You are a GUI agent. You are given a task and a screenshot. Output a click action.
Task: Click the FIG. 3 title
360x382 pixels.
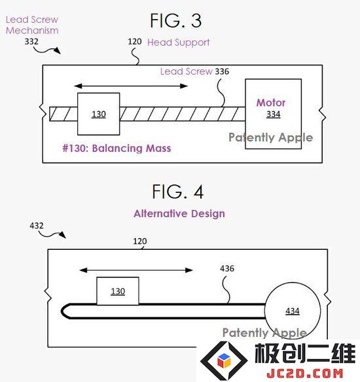click(175, 21)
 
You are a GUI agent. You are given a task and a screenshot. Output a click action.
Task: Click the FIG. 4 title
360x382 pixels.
click(177, 192)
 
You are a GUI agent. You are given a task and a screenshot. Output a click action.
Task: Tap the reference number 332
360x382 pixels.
click(31, 41)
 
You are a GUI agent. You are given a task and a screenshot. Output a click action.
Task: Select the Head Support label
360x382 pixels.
click(178, 43)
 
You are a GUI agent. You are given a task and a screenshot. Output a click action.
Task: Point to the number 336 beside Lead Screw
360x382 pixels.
click(222, 71)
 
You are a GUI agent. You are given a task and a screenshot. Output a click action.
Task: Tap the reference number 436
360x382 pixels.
click(227, 268)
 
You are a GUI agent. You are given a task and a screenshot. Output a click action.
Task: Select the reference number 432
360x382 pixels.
click(37, 226)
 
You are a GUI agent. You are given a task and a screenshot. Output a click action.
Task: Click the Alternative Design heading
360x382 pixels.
click(179, 214)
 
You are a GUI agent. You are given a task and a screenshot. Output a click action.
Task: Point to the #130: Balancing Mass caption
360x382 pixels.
click(117, 148)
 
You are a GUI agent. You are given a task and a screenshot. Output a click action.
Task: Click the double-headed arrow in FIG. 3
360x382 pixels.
click(131, 86)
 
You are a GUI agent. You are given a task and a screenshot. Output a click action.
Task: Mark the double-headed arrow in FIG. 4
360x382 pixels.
click(136, 270)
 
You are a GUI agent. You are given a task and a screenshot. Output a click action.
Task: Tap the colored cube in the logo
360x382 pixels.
click(224, 361)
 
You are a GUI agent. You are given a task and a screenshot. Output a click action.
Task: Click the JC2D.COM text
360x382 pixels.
click(305, 373)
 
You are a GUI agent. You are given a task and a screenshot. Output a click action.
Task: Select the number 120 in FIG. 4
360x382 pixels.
click(140, 241)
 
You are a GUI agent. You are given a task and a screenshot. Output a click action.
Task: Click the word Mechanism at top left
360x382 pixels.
click(32, 31)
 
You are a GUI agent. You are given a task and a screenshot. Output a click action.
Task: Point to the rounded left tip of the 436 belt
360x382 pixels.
click(62, 311)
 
